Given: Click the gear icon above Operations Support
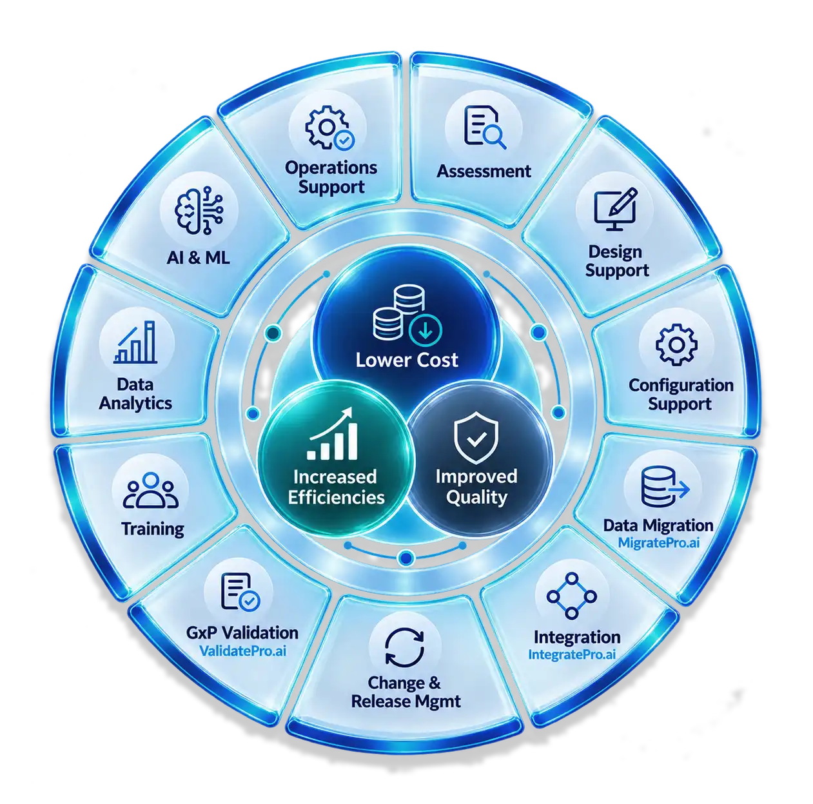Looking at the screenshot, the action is [x=329, y=128].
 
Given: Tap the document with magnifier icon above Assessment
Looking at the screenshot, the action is [x=484, y=127].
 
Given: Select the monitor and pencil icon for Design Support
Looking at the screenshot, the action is [x=615, y=208].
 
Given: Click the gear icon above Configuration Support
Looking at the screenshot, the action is [x=676, y=344].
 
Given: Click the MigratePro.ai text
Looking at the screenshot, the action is [x=658, y=543].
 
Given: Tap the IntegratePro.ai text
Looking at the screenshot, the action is [x=572, y=654].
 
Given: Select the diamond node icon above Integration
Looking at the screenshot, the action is [x=571, y=596].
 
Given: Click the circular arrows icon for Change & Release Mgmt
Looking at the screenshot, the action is [x=404, y=648].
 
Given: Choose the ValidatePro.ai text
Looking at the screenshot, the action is [x=242, y=651].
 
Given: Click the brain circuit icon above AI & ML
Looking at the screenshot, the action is [x=199, y=210].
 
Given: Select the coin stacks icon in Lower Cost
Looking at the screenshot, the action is [x=407, y=313].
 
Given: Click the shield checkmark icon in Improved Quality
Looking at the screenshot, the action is [x=476, y=437].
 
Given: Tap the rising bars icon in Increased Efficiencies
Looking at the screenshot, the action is [x=333, y=433].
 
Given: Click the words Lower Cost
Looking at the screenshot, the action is [x=407, y=360].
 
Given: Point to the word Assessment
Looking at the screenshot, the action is [x=484, y=171].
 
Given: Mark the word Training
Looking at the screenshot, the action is [x=153, y=529].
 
